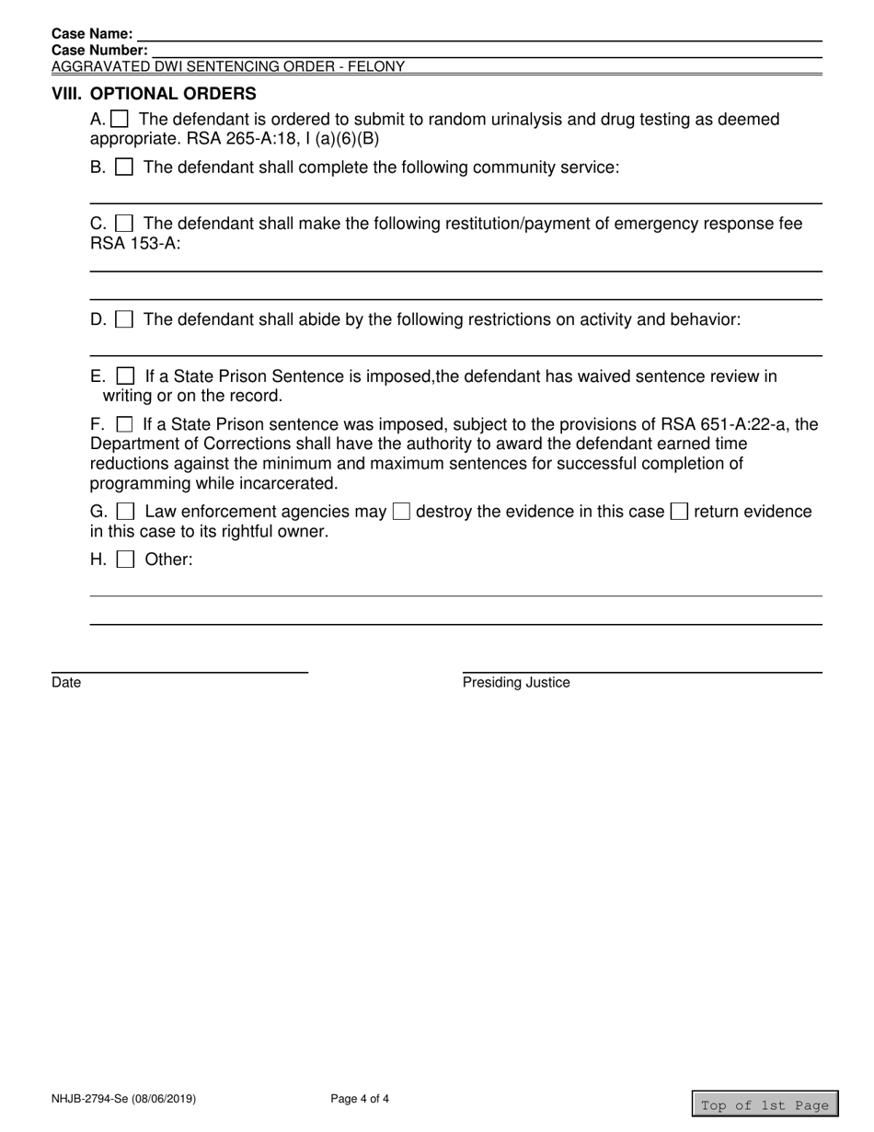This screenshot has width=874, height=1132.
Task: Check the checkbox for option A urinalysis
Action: pyautogui.click(x=120, y=119)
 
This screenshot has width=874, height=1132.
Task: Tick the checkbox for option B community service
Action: pyautogui.click(x=125, y=167)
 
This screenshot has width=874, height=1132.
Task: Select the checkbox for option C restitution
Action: pyautogui.click(x=125, y=224)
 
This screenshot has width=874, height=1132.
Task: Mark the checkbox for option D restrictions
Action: pyautogui.click(x=125, y=319)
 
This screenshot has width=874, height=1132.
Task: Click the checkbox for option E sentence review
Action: pyautogui.click(x=126, y=376)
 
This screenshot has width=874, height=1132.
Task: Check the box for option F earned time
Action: pyautogui.click(x=125, y=424)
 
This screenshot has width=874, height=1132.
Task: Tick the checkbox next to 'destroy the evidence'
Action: pyautogui.click(x=401, y=512)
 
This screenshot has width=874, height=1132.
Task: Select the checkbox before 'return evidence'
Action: pyautogui.click(x=679, y=512)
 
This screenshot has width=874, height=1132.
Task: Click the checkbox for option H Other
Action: pyautogui.click(x=126, y=559)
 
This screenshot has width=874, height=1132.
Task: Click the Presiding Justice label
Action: pyautogui.click(x=516, y=683)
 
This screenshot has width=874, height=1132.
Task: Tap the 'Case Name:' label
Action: pyautogui.click(x=92, y=34)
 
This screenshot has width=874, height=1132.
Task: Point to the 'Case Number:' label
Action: pyautogui.click(x=99, y=50)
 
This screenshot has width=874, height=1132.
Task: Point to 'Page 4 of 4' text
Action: pyautogui.click(x=360, y=1098)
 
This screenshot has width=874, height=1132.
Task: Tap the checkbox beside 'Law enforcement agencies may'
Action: pyautogui.click(x=127, y=512)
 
